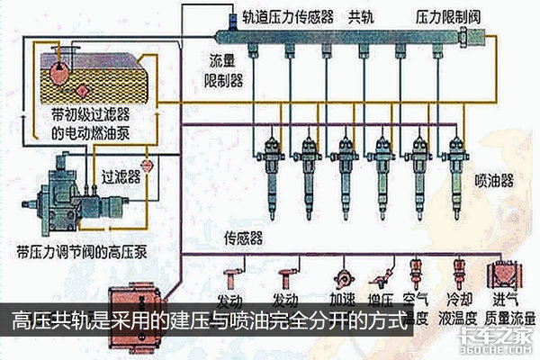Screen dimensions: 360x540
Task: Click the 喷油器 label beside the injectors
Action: [x=495, y=180]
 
